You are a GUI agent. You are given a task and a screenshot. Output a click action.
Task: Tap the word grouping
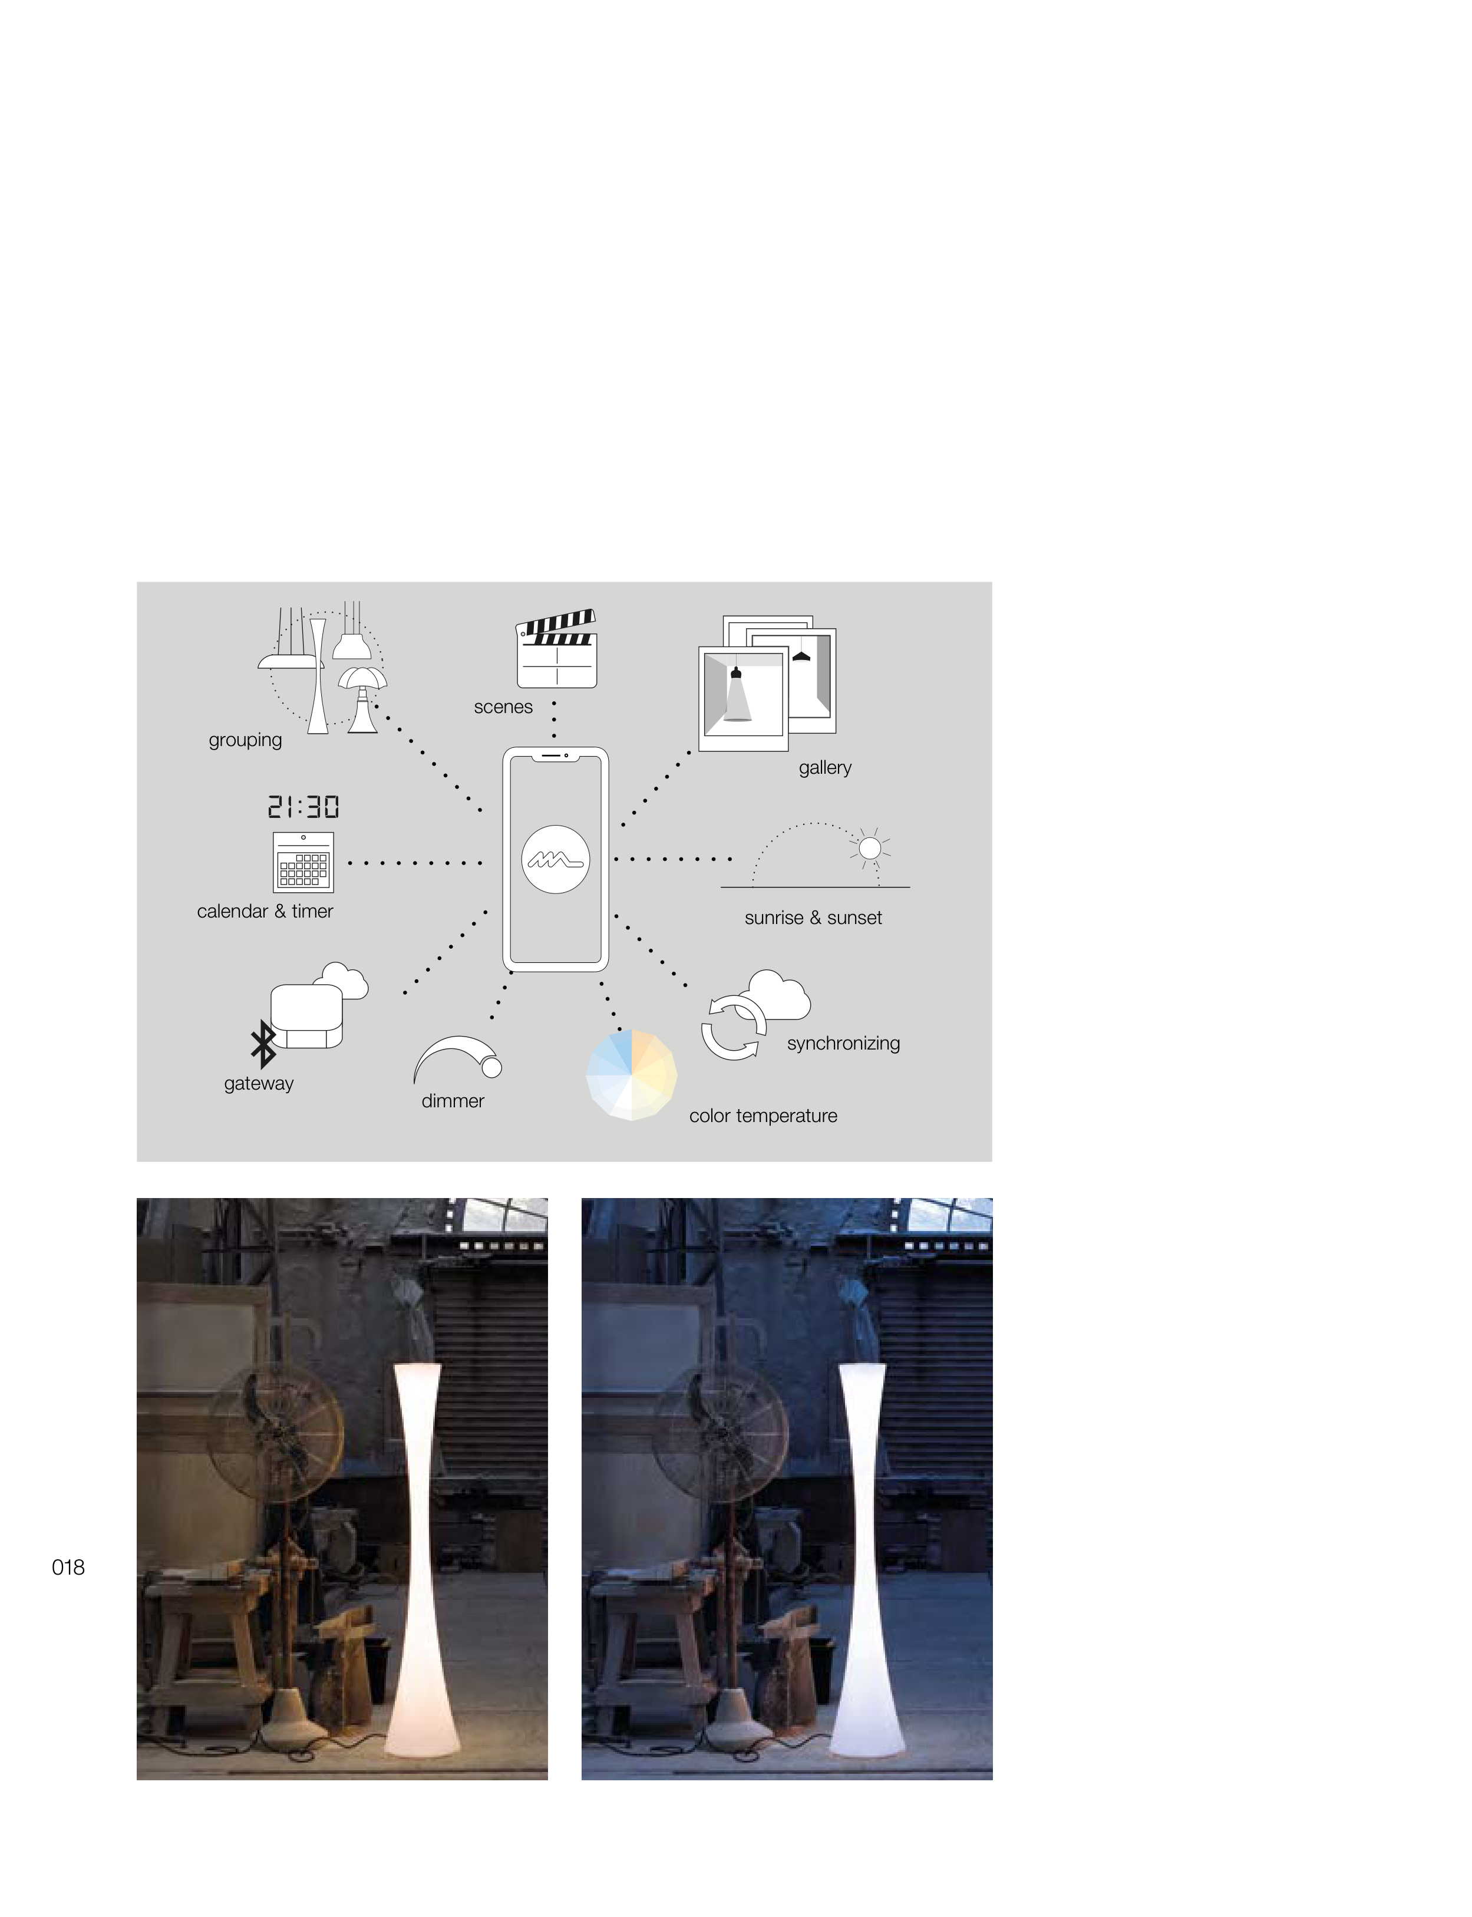coord(245,740)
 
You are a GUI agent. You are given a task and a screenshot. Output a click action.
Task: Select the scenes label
coord(503,707)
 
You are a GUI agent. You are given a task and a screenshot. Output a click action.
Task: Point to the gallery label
coord(824,768)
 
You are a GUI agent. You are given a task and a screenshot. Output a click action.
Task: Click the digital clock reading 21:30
coord(303,807)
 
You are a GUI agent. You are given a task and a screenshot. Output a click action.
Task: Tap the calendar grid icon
coord(303,862)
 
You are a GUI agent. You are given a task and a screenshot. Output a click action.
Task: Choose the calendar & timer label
coord(265,911)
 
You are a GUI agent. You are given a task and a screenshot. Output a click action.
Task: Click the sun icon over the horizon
coord(870,847)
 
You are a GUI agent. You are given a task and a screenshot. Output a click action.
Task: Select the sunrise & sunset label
coord(813,918)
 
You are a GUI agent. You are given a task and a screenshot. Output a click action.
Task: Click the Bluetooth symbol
coord(263,1044)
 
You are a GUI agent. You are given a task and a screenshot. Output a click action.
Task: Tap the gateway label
coord(259,1084)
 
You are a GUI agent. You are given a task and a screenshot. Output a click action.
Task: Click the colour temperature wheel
coord(632,1075)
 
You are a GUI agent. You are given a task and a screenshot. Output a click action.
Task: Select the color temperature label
coord(763,1116)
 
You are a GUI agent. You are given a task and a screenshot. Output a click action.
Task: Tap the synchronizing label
coord(843,1044)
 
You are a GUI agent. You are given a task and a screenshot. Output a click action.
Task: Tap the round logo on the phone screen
coord(556,859)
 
